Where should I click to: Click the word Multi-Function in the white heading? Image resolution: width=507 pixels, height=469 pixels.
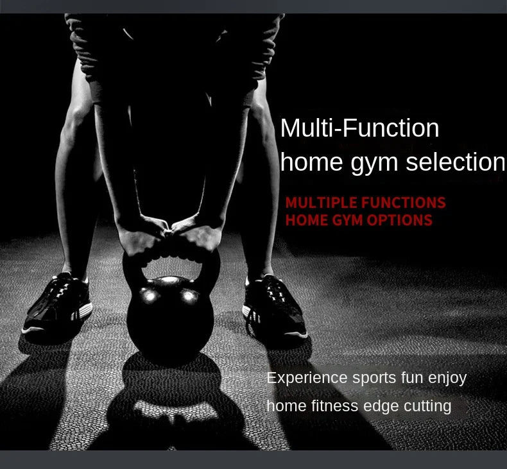click(x=359, y=128)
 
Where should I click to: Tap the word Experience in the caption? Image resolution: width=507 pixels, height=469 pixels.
click(x=307, y=378)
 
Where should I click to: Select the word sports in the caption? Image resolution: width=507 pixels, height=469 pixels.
click(x=374, y=378)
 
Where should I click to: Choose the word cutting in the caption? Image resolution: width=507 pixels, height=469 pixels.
click(x=427, y=406)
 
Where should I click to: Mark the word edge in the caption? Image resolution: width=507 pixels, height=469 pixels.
click(x=381, y=407)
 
